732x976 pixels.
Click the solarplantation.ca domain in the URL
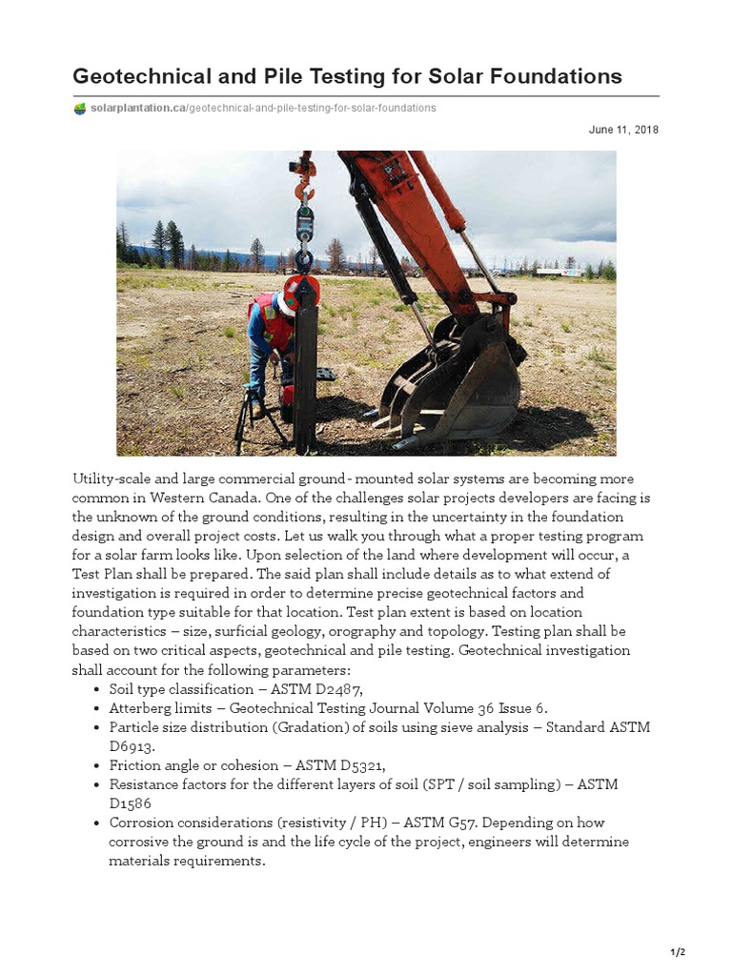(x=137, y=109)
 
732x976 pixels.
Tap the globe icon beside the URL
(x=80, y=109)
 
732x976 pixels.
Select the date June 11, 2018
(x=623, y=130)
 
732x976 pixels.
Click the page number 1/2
(x=678, y=952)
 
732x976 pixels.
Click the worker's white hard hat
(x=285, y=304)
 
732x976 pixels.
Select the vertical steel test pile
(x=306, y=372)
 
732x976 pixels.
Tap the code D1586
(x=131, y=803)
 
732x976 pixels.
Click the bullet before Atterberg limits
(x=100, y=709)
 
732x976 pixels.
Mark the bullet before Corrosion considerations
(x=100, y=823)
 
